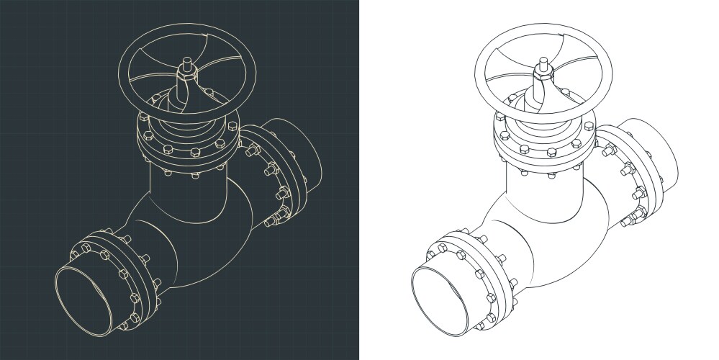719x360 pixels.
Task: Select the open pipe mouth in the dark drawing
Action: click(86, 296)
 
